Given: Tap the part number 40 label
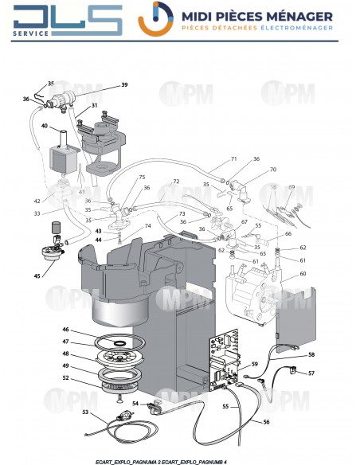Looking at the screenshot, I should click(45, 126).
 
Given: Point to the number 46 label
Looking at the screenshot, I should click(65, 329).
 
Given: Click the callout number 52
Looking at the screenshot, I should click(65, 378).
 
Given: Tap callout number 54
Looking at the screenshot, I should click(135, 404).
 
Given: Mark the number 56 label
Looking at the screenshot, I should click(266, 422).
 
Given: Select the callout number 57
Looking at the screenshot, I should click(311, 373).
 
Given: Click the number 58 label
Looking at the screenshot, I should click(311, 354).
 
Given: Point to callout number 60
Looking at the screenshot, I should click(302, 274).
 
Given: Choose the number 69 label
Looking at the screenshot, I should click(292, 187).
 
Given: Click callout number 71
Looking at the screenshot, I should click(234, 159).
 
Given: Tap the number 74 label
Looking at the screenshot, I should click(147, 226).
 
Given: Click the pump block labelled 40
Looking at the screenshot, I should click(59, 154).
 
